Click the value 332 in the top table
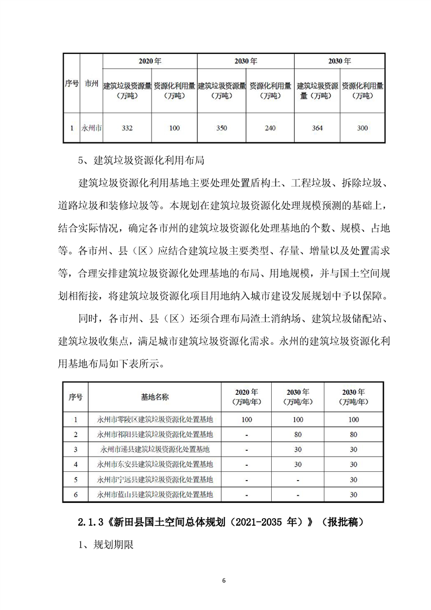127,128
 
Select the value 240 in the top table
270,128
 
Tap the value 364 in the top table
317,128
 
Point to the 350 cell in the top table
221,128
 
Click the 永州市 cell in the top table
91,128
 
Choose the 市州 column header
91,84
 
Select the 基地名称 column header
155,397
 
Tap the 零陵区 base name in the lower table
155,420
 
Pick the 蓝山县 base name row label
155,495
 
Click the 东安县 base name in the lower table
155,465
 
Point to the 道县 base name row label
155,450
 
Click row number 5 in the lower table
76,480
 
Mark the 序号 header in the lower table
76,397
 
